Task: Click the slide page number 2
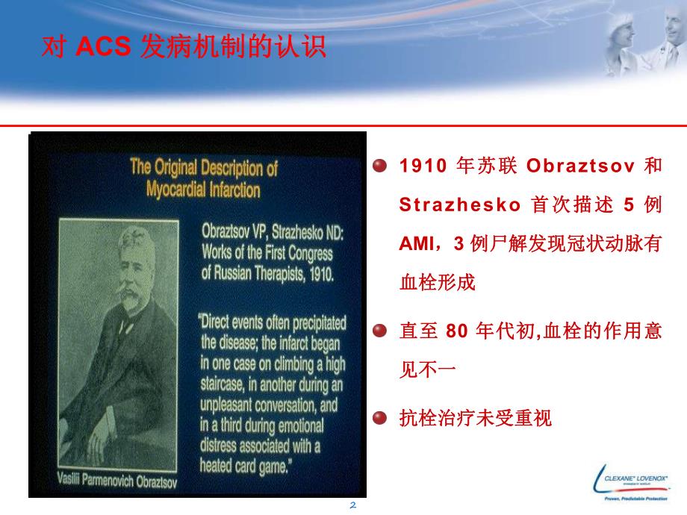coord(354,505)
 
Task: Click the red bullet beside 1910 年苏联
coord(379,165)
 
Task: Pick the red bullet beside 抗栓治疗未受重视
coord(379,417)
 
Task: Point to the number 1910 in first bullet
coord(421,165)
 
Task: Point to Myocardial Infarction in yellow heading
coord(204,189)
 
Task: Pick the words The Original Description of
coord(204,166)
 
